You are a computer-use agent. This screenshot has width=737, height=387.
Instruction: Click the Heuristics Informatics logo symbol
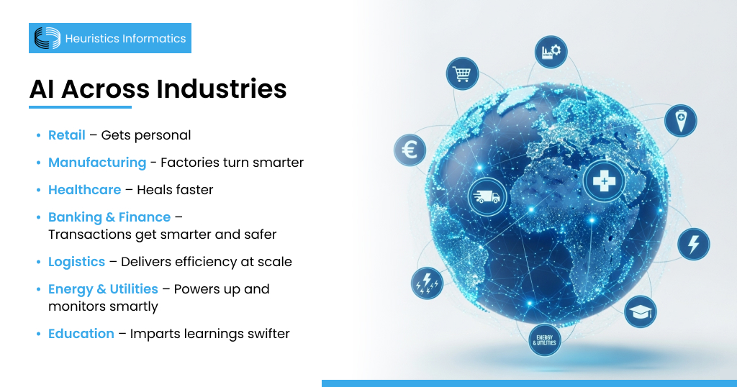tap(48, 38)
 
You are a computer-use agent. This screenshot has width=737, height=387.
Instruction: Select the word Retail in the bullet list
tap(67, 135)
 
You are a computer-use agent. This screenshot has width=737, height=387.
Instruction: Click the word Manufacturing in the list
tap(97, 163)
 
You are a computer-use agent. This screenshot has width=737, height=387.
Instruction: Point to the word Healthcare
tap(84, 190)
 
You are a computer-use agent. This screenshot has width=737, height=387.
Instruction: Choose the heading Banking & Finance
tap(109, 217)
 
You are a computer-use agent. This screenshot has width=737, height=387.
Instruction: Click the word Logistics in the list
tap(77, 262)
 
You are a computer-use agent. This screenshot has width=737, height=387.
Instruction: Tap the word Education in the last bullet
tap(81, 334)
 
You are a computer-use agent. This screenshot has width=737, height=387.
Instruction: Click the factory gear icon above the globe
tap(551, 52)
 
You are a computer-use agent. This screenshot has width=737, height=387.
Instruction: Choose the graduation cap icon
tap(639, 311)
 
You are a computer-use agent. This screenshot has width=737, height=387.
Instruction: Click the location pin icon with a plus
tap(679, 119)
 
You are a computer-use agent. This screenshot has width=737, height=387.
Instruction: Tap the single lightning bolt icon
tap(694, 244)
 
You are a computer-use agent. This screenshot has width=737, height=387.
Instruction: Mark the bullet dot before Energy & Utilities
tap(38, 290)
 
